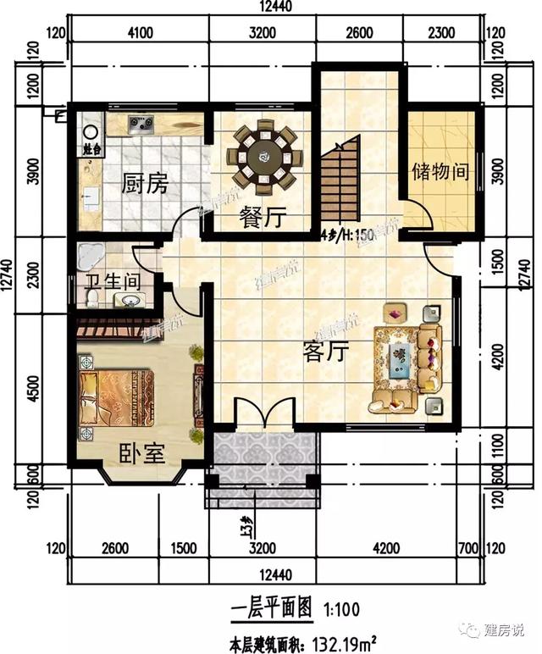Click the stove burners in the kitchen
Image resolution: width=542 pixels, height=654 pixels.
click(x=141, y=125)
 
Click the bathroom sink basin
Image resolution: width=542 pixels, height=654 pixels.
click(x=130, y=301)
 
